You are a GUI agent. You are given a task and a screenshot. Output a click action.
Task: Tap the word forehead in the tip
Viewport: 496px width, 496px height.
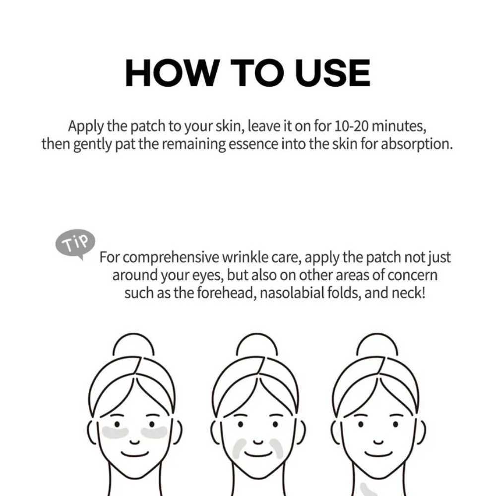tap(226, 293)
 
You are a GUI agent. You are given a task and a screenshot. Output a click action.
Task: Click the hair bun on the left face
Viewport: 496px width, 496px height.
tap(133, 345)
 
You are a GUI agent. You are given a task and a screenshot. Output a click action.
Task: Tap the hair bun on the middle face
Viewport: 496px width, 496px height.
tap(257, 345)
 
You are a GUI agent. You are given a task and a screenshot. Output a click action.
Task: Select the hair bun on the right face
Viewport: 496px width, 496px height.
tap(377, 345)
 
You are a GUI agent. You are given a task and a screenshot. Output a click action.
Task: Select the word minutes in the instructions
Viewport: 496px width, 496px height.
tap(399, 126)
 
